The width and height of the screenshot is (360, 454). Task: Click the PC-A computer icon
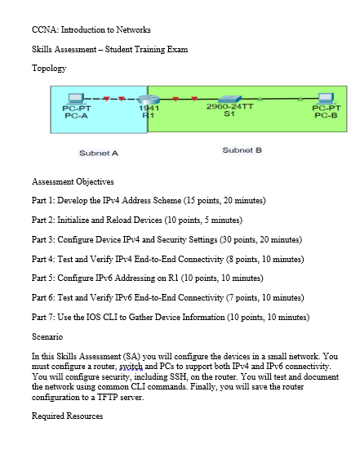pyautogui.click(x=77, y=95)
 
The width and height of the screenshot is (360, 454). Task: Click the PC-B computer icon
pyautogui.click(x=332, y=95)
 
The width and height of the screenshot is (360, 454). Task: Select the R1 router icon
pyautogui.click(x=149, y=96)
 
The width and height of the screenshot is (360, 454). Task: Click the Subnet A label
pyautogui.click(x=99, y=153)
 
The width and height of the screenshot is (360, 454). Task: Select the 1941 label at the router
pyautogui.click(x=148, y=109)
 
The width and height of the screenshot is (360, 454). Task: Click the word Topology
pyautogui.click(x=48, y=69)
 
